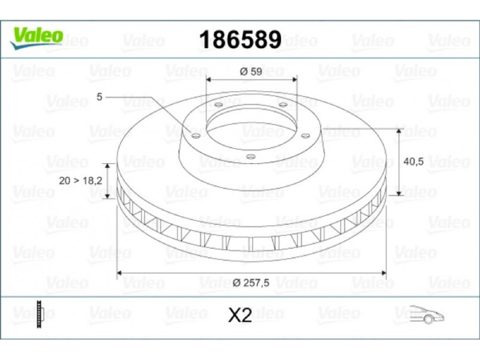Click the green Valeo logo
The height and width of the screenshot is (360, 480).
click(x=37, y=38)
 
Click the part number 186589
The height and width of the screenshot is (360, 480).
click(x=240, y=40)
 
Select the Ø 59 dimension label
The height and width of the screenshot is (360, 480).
click(x=251, y=71)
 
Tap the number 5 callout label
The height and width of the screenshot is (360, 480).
click(x=99, y=97)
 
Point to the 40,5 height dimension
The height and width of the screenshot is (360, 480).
click(x=413, y=161)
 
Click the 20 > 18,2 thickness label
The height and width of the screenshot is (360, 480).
click(x=80, y=181)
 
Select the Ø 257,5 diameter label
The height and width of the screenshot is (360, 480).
click(x=251, y=283)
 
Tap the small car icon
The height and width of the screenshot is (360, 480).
click(x=427, y=314)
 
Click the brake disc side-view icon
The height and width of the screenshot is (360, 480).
click(x=40, y=314)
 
